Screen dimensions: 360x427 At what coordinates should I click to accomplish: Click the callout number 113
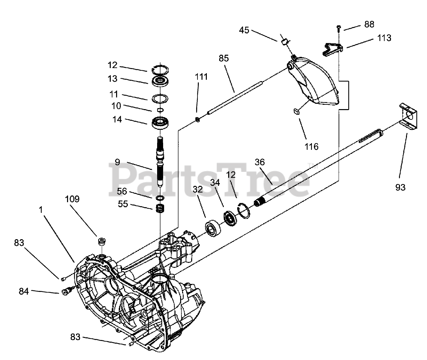coord(384,38)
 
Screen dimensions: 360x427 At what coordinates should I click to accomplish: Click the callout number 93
coord(400,187)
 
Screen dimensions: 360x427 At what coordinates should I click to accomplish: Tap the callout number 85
coord(224,58)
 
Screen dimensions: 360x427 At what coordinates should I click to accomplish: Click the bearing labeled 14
coord(161,122)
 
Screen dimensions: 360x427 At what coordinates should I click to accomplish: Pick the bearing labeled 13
coord(161,81)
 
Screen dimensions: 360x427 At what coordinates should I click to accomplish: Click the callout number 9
coord(117,162)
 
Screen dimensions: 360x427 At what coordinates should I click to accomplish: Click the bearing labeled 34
coord(230,219)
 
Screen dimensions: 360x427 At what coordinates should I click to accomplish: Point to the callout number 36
coord(260,162)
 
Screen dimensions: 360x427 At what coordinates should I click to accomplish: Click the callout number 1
coord(41,210)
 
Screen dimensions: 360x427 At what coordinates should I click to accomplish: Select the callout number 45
coord(244,30)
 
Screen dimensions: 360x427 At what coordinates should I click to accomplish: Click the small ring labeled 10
coord(160,110)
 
